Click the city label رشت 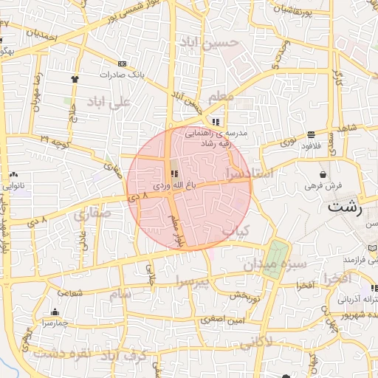(x=346, y=207)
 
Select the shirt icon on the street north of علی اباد (x=74, y=78)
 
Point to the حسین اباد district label (x=213, y=44)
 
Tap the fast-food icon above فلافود (x=312, y=134)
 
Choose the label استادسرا (x=250, y=173)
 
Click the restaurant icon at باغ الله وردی (x=174, y=173)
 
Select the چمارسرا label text (x=55, y=323)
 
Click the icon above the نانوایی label (x=14, y=174)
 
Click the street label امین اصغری (x=224, y=320)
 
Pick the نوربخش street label (x=246, y=296)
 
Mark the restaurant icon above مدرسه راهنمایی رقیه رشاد (x=215, y=121)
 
